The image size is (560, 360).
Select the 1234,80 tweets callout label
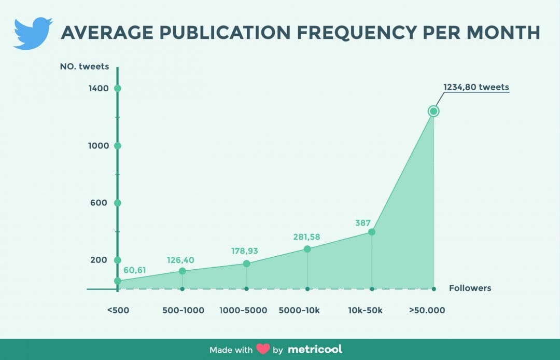476,87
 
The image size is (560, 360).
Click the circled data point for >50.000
433,111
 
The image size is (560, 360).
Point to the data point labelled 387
372,232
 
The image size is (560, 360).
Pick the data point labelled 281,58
307,249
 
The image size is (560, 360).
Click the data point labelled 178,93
246,264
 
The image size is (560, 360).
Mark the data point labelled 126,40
182,271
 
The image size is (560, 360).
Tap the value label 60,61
135,270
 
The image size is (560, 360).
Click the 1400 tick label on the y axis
99,88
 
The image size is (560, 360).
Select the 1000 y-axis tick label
99,146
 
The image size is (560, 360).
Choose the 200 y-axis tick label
99,260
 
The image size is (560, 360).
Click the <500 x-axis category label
118,311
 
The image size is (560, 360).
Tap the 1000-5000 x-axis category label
243,311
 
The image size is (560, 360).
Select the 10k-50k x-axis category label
365,311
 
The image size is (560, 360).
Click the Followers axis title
470,288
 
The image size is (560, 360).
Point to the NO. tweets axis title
83,66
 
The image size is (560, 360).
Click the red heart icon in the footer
263,349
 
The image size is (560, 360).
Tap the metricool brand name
315,349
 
